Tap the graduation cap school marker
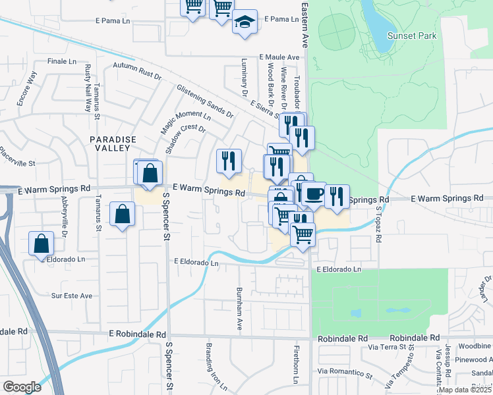click(245, 22)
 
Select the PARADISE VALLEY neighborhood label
click(113, 144)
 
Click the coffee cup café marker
click(314, 194)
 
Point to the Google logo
click(22, 387)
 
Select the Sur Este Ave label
click(72, 296)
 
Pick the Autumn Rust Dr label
click(137, 70)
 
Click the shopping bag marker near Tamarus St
click(122, 214)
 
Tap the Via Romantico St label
click(343, 373)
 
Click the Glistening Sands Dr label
click(204, 101)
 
